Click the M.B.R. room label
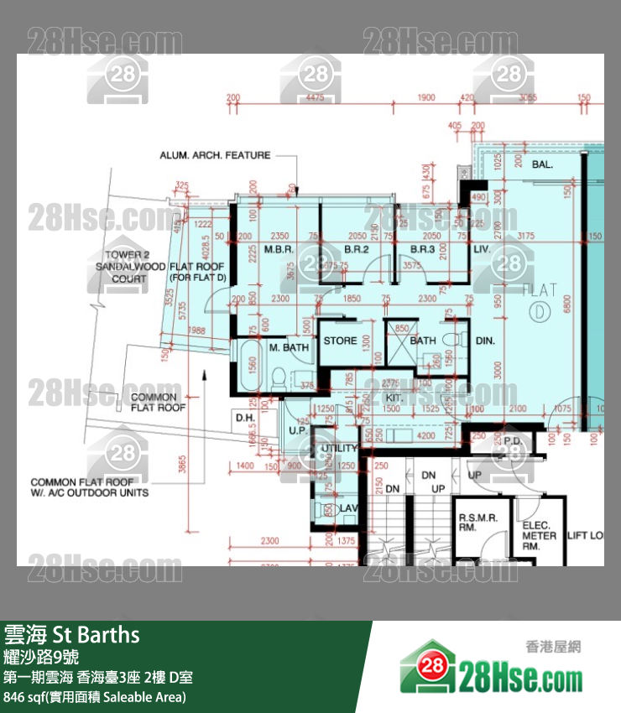click(x=278, y=250)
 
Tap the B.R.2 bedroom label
click(x=357, y=250)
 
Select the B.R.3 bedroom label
click(x=422, y=250)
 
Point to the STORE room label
click(x=340, y=341)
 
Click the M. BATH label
click(x=289, y=347)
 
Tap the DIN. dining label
click(x=485, y=341)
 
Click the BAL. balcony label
click(x=542, y=165)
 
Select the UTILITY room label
click(x=339, y=449)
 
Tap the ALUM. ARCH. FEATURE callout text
click(x=216, y=155)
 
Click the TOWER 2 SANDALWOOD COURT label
click(x=128, y=267)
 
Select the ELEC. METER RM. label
click(x=539, y=535)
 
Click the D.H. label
click(x=245, y=417)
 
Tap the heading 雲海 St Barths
click(x=71, y=633)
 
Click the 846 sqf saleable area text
click(x=95, y=696)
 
